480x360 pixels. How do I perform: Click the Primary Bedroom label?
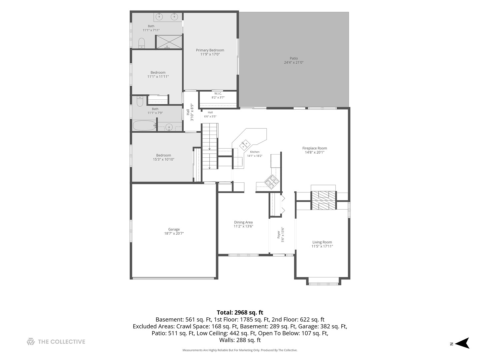coord(210,50)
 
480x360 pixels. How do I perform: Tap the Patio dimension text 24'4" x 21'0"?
coord(293,62)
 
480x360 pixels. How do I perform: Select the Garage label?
coord(174,229)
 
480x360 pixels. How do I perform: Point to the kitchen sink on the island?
coord(246,144)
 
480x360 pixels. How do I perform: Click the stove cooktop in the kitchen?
coord(272,182)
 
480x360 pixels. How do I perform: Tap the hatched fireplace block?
coord(323,200)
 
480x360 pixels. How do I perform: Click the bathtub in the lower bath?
coord(144,125)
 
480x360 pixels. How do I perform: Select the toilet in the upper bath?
coord(142,43)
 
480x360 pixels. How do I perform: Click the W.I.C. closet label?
coord(218,94)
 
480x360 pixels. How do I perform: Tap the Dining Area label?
coord(243,222)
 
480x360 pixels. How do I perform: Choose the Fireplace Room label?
coord(314,148)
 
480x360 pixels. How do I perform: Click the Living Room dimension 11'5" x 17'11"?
coord(322,246)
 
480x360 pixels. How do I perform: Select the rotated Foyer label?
coord(279,235)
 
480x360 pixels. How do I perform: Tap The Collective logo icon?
coord(31,342)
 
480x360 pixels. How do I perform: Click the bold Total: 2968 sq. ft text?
coord(240,312)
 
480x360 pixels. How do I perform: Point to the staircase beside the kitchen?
coord(210,146)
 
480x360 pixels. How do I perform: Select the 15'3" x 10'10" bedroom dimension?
coord(164,159)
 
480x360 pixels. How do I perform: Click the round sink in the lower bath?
coord(169,127)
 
